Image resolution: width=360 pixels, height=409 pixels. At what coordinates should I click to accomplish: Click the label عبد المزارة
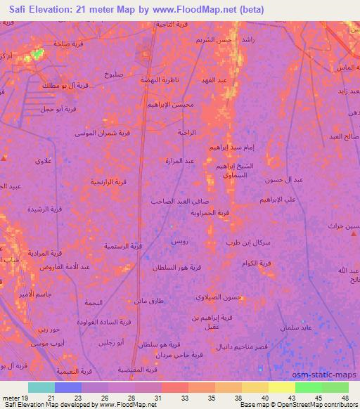179,161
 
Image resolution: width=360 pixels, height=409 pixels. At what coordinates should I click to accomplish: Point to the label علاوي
44,161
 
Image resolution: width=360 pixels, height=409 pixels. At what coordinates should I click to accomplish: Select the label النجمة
94,302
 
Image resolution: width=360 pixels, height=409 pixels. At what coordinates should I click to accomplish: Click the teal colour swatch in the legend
41,387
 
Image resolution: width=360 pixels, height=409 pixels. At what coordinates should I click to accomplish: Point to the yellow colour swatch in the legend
282,387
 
